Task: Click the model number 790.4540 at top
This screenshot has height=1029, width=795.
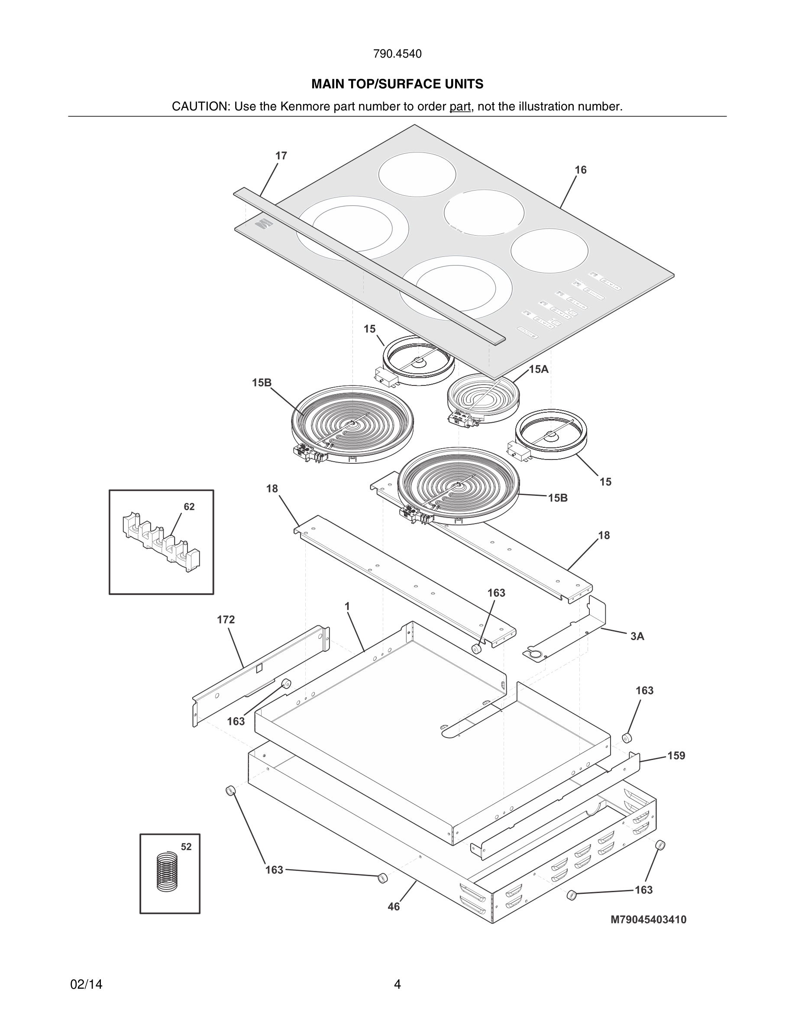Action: click(397, 54)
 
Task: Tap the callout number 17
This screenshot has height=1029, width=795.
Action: click(281, 156)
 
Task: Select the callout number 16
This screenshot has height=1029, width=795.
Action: click(581, 170)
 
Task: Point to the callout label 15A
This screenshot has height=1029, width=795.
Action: click(539, 369)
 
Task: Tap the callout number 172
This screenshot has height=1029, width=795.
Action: click(226, 620)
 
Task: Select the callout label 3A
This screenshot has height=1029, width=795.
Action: click(637, 637)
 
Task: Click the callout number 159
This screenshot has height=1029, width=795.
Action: click(676, 756)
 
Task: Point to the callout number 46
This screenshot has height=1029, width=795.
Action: click(393, 907)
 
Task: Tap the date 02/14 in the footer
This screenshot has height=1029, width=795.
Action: click(86, 984)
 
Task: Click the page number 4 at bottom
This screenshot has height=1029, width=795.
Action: click(397, 984)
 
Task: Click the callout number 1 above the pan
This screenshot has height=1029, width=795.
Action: click(347, 606)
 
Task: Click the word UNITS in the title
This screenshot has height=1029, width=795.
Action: click(464, 84)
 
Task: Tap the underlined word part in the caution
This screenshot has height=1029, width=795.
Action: click(460, 107)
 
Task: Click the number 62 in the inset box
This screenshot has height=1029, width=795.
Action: click(189, 507)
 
